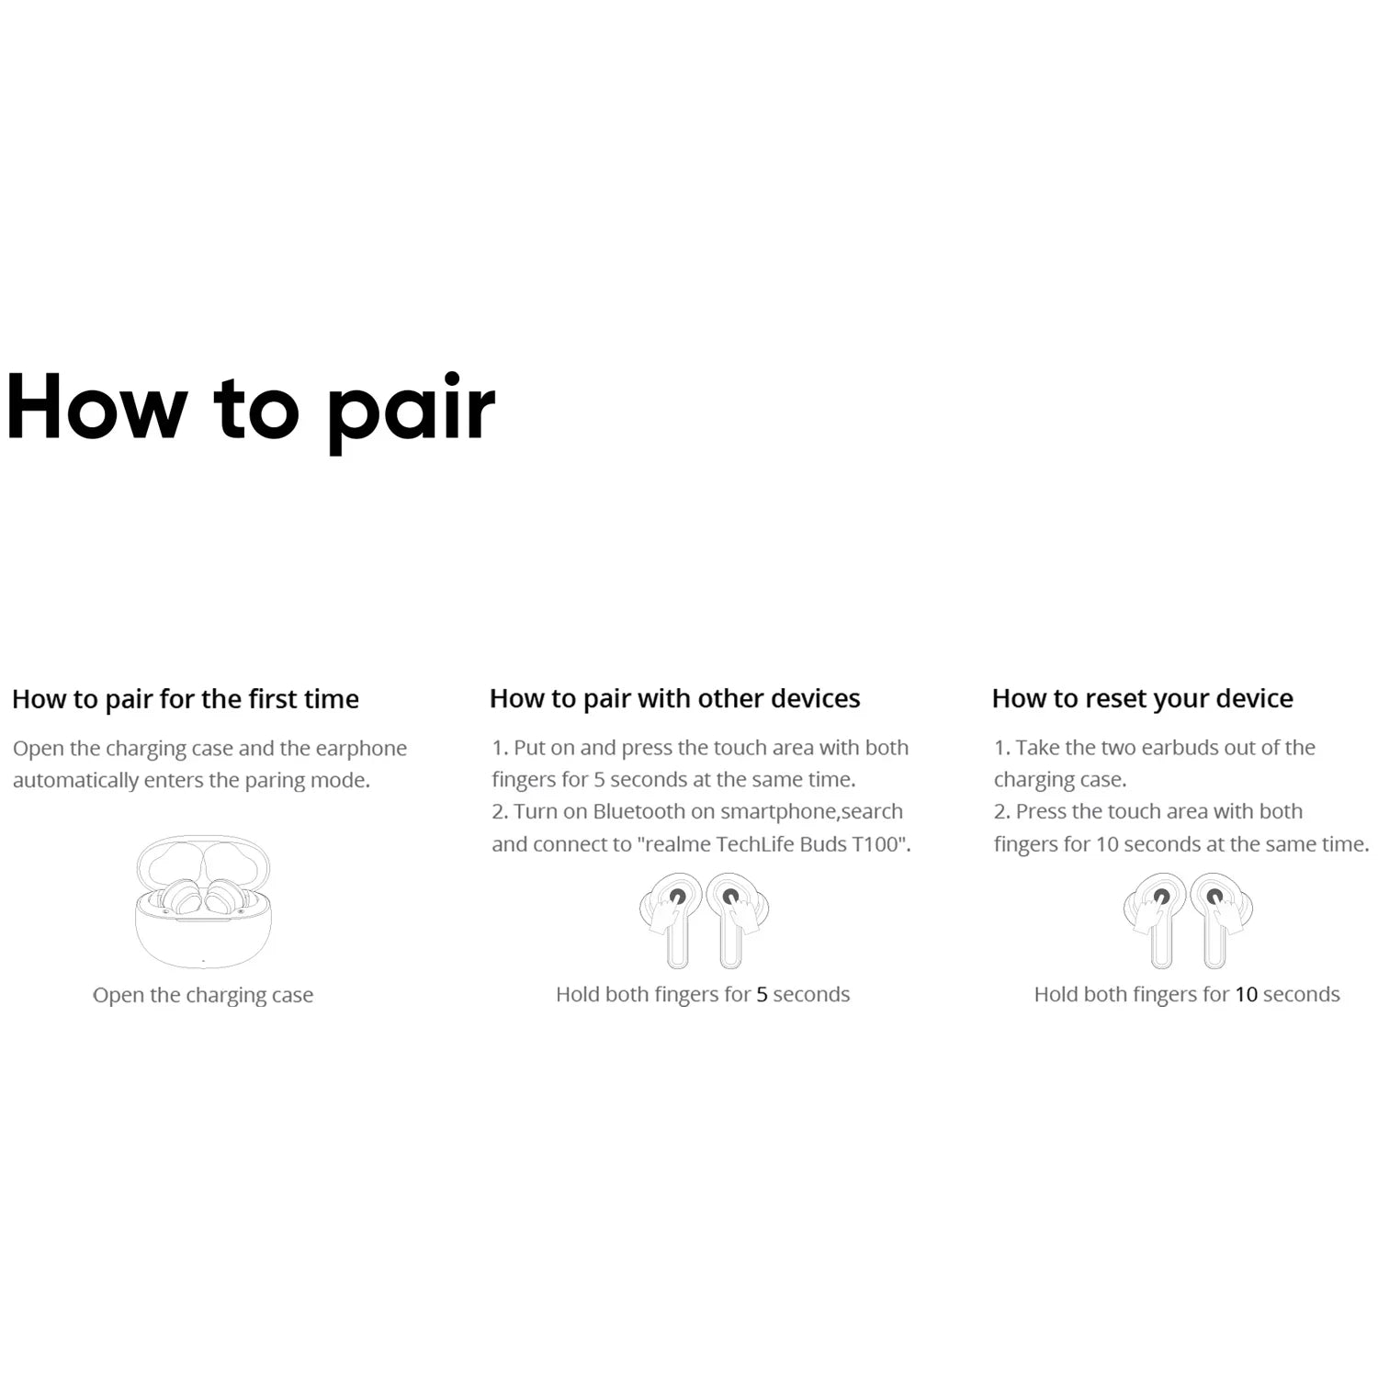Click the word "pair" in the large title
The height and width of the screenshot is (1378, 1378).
[412, 412]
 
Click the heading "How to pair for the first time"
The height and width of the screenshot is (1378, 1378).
[186, 699]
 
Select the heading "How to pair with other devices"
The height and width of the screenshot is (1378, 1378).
[674, 699]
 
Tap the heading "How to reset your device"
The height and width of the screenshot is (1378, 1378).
[1142, 699]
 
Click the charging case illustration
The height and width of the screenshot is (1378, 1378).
[203, 902]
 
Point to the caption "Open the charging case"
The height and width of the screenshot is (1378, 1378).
[203, 995]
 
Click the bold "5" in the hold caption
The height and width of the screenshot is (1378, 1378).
[762, 995]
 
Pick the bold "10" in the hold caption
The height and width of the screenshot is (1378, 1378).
[1246, 995]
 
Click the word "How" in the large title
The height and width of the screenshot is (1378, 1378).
[96, 406]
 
